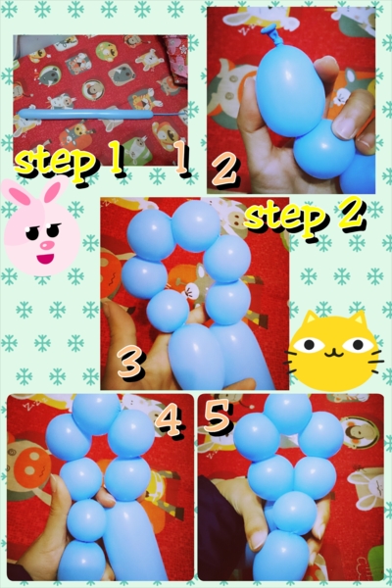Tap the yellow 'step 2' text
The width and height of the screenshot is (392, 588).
[305, 218]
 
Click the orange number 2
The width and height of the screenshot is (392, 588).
[224, 170]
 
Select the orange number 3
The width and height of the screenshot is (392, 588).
[130, 363]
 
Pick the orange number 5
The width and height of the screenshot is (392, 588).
[218, 415]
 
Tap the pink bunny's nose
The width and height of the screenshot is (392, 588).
[47, 245]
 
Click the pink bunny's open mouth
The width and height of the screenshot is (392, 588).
[45, 259]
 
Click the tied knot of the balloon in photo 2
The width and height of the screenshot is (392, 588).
[271, 29]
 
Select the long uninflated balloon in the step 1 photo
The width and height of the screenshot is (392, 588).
[85, 114]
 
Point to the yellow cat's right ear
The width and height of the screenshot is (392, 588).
[358, 318]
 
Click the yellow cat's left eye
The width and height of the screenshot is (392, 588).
[309, 344]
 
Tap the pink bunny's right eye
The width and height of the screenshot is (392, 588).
[54, 230]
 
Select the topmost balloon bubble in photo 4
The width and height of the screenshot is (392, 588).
[96, 414]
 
